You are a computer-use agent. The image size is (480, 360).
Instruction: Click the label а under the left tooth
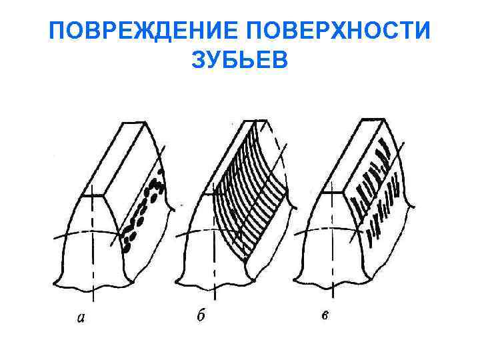(x=81, y=318)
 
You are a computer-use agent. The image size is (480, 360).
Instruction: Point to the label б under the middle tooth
(x=201, y=315)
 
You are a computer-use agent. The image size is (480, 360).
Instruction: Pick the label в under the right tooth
(x=324, y=315)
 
